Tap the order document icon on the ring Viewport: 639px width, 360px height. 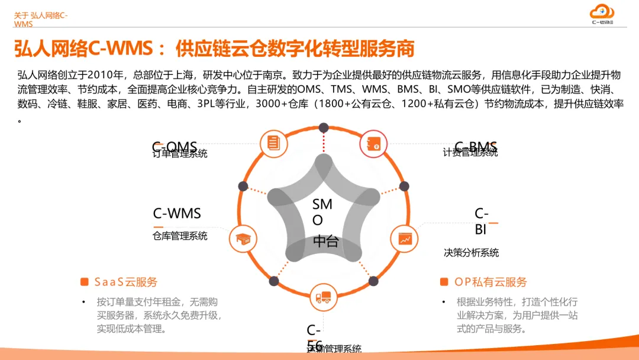pos(273,143)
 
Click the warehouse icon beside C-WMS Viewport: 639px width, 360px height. pos(242,239)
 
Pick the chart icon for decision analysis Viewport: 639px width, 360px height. pos(405,239)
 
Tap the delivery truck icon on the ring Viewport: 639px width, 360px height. pos(324,297)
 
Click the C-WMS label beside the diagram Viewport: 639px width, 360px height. pos(177,213)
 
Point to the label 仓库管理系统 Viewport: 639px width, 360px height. pos(180,236)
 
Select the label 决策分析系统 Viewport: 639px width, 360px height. pos(471,252)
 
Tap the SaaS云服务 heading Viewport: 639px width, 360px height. pos(126,282)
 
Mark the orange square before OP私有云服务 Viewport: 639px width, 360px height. pos(444,282)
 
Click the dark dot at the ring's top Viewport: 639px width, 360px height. pos(324,127)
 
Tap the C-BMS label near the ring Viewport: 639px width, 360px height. pos(476,146)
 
